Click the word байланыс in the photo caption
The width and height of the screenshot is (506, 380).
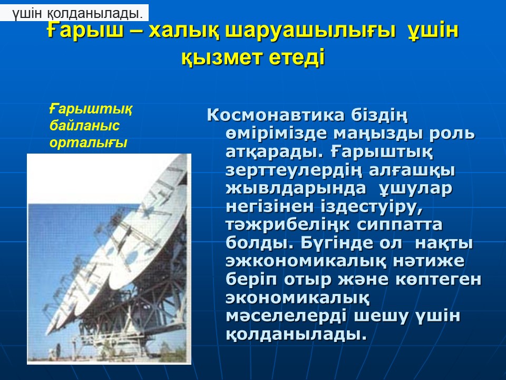click(84, 126)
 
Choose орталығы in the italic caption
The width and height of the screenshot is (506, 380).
click(89, 143)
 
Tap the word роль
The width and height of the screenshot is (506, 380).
click(452, 133)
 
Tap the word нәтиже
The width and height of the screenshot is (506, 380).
click(429, 260)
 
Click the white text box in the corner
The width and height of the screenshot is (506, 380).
click(74, 13)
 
